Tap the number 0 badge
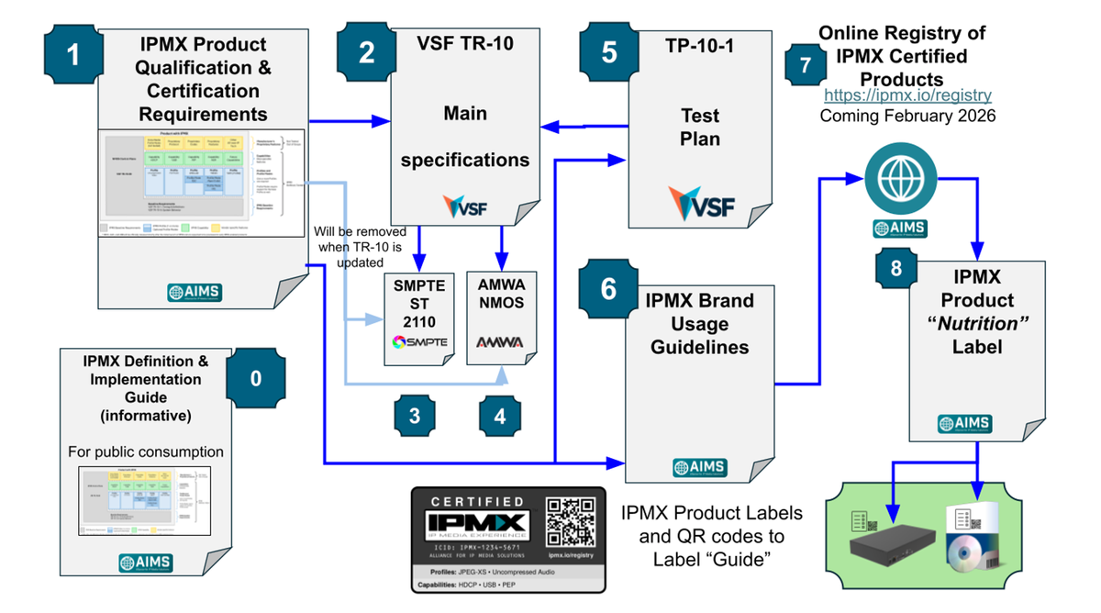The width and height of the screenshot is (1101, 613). click(x=256, y=378)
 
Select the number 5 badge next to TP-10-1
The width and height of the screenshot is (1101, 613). click(x=609, y=52)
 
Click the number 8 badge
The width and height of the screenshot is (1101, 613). click(x=895, y=267)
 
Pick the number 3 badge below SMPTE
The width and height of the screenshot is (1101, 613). click(x=415, y=416)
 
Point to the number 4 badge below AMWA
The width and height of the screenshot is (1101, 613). click(x=499, y=416)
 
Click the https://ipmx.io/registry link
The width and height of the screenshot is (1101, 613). click(x=907, y=95)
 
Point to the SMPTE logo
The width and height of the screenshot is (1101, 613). click(x=419, y=341)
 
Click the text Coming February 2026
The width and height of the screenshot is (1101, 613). click(x=907, y=117)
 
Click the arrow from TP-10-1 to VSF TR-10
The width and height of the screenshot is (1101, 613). click(x=582, y=127)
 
